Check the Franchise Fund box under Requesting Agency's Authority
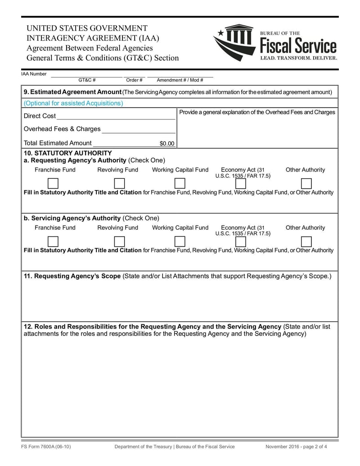[53, 183]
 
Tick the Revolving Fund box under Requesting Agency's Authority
[119, 183]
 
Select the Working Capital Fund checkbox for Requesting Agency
[180, 183]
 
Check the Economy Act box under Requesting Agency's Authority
[241, 183]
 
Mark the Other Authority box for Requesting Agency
[306, 183]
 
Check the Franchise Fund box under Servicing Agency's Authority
[53, 241]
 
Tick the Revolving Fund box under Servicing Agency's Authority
[119, 241]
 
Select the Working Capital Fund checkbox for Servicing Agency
[180, 241]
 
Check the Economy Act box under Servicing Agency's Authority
[241, 241]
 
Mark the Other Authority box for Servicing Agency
[306, 241]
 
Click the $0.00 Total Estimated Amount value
[166, 144]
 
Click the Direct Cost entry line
[116, 116]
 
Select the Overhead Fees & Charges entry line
[139, 130]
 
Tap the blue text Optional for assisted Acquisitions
[73, 103]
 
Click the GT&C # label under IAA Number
[87, 80]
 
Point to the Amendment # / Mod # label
[180, 80]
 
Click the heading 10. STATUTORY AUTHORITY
[67, 153]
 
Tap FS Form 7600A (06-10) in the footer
[46, 447]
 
